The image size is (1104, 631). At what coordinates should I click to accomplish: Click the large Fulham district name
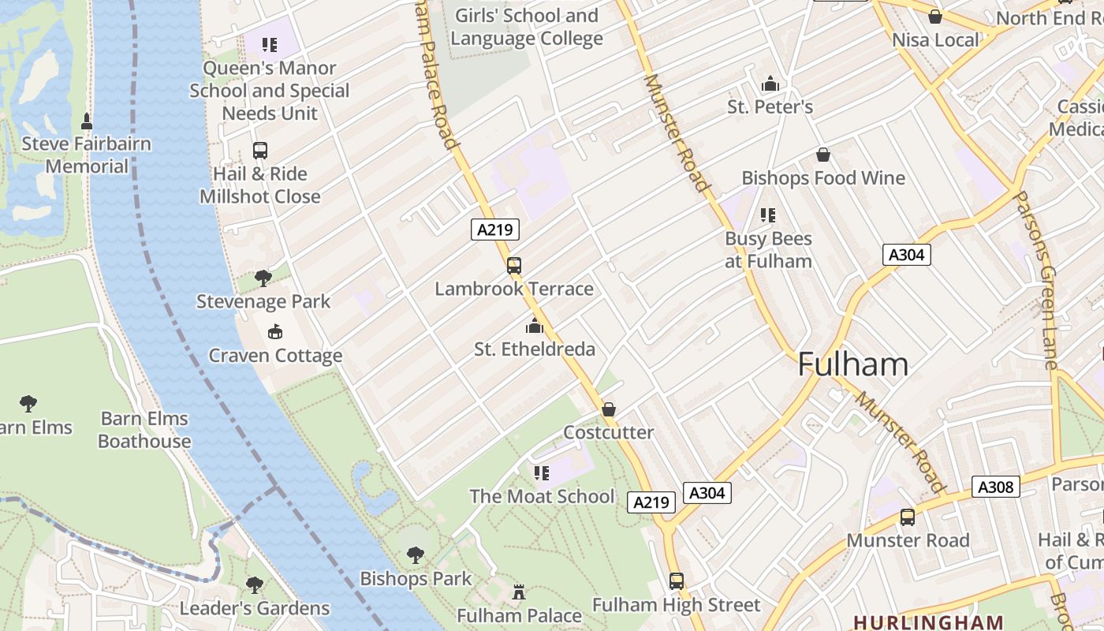pos(852,364)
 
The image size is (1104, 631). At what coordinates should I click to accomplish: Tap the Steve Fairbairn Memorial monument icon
pos(87,121)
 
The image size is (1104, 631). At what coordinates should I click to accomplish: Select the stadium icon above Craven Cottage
pos(274,332)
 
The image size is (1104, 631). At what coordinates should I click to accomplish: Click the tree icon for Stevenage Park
pos(263,278)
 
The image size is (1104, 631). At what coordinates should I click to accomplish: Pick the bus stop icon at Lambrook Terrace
pos(514,266)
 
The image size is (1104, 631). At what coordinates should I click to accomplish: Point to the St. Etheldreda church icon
pos(535,325)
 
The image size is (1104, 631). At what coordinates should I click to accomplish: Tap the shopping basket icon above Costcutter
pos(609,409)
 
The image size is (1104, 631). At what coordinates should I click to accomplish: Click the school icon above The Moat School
pos(541,472)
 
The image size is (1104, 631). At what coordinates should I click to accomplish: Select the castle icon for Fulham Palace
pos(519,592)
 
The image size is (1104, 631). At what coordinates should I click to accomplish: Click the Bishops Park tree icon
pos(416,555)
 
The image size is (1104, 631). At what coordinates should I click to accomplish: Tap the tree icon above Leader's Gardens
pos(254,584)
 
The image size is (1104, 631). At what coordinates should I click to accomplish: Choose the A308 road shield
pos(995,487)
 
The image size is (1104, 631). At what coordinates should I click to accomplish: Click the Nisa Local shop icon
pos(935,17)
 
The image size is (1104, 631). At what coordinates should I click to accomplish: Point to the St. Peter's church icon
pos(770,84)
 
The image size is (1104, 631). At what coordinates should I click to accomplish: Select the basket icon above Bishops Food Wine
pos(823,155)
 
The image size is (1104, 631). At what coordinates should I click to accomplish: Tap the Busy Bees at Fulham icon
pos(768,215)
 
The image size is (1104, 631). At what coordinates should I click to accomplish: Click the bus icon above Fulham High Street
pos(677,581)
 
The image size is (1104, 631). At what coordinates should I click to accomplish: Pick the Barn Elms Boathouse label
pos(144,430)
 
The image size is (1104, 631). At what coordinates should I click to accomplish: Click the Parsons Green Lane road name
pos(1046,280)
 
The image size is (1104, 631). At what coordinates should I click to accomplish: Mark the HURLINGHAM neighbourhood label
pos(928,622)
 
